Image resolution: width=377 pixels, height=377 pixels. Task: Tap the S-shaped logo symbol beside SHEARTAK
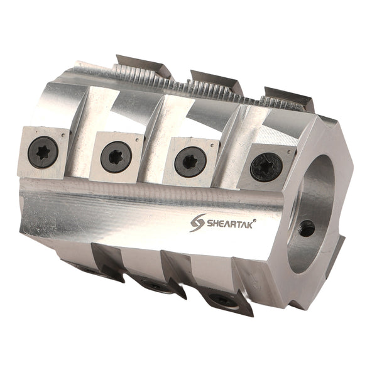(197, 222)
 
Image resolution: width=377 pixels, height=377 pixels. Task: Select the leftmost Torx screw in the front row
(43, 151)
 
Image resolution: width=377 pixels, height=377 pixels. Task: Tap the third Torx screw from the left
(190, 161)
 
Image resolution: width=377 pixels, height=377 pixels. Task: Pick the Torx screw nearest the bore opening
(266, 167)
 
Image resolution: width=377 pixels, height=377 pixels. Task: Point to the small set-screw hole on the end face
(307, 228)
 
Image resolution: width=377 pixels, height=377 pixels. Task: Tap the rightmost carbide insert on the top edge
(287, 97)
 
